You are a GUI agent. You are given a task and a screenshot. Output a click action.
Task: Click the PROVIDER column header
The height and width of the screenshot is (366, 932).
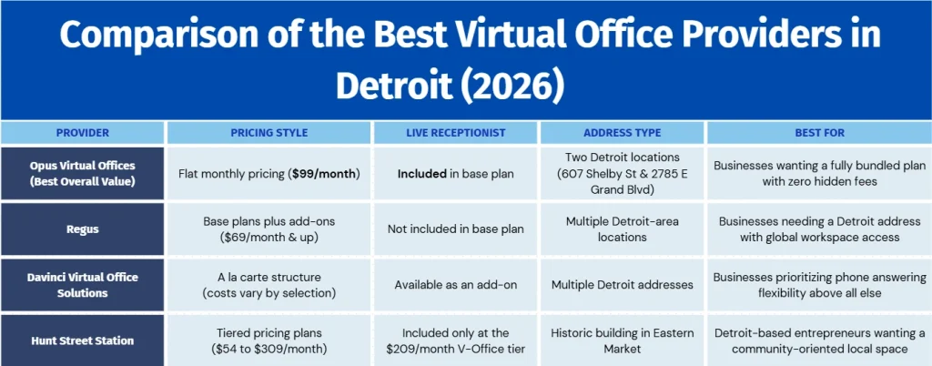83,133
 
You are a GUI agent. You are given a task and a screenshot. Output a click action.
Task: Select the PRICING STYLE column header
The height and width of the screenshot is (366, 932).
269,133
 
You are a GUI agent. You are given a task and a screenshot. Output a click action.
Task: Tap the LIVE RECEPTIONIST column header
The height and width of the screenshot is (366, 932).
456,133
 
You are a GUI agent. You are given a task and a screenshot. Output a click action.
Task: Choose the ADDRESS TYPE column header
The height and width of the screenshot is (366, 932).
623,133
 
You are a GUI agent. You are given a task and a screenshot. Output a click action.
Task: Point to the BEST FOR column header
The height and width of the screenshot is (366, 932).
820,133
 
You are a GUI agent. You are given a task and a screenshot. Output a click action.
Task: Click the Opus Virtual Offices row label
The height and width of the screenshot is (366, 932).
83,174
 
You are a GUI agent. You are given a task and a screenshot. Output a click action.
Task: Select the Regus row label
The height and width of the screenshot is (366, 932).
83,229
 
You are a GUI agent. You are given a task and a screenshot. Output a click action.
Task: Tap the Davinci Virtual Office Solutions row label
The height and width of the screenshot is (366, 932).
83,285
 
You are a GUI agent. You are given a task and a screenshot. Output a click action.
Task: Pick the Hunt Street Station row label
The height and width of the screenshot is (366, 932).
83,341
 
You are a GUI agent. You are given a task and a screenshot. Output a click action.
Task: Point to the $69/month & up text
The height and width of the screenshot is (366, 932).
269,237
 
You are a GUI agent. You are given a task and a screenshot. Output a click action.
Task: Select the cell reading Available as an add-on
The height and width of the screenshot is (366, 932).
456,285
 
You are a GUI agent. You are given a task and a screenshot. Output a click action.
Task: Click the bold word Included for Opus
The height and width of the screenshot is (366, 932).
422,175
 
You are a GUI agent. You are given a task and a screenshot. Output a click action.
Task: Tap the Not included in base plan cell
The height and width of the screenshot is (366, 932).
456,229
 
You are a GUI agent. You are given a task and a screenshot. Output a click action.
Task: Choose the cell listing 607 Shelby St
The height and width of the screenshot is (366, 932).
623,175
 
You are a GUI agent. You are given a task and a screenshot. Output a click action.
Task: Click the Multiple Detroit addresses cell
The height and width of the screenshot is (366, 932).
623,285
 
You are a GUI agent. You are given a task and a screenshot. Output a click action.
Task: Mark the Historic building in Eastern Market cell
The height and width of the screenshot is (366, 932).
623,341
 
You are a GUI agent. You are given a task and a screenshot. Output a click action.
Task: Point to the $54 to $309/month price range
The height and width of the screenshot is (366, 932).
269,348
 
